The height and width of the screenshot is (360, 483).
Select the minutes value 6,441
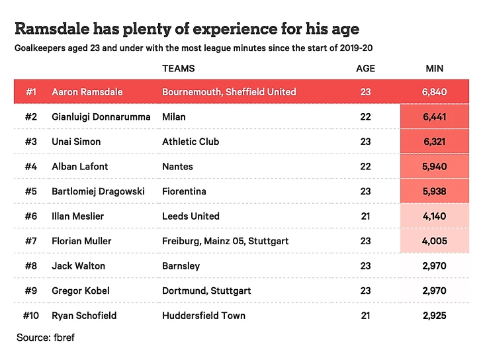pos(435,117)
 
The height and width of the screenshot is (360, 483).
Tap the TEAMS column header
pos(178,68)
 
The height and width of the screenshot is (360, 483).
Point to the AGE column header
pos(365,68)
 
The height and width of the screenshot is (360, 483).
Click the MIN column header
pos(435,68)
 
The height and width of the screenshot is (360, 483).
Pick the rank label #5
pos(31,191)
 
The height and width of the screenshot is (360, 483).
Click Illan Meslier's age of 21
pos(365,216)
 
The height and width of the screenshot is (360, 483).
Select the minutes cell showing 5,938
pos(435,191)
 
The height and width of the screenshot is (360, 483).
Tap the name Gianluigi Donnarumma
pos(100,117)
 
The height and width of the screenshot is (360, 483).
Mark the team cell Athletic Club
pos(191,142)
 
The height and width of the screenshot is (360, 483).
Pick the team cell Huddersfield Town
pos(204,316)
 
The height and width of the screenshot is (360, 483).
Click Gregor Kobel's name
pos(81,291)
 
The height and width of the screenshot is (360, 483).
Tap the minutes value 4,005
pos(435,241)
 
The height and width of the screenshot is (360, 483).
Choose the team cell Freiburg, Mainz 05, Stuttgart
pos(225,241)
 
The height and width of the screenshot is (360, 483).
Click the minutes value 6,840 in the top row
pos(435,92)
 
